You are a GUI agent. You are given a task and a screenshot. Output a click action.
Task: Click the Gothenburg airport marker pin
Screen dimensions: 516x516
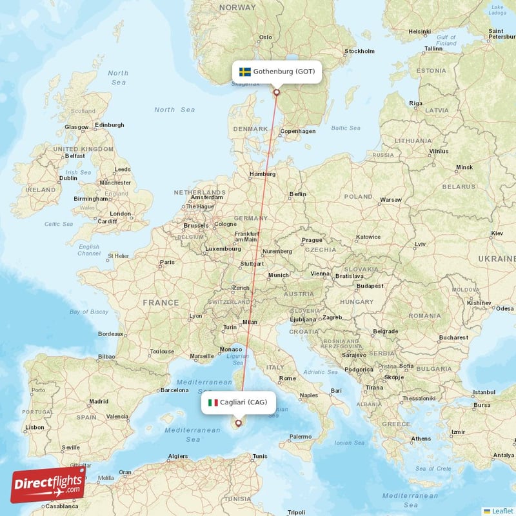(277, 92)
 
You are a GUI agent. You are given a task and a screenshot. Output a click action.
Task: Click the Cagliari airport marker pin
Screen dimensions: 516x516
(238, 423)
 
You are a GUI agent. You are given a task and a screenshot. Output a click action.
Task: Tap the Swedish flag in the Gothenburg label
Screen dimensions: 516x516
(245, 72)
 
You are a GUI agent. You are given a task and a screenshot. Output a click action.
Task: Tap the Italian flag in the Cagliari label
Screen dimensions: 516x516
(213, 402)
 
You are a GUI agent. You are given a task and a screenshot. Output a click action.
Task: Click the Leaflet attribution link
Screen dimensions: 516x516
(502, 510)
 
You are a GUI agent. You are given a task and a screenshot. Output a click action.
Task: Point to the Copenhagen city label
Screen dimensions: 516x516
(298, 132)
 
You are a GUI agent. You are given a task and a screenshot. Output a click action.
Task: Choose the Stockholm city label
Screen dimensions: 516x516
(359, 51)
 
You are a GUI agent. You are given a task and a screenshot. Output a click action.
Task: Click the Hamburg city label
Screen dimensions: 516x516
(263, 174)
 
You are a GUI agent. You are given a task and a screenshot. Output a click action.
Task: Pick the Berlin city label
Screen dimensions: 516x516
(298, 193)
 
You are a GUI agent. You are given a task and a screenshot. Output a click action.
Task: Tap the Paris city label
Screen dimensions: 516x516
(167, 263)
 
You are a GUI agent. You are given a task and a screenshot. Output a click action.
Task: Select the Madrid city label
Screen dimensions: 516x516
(99, 401)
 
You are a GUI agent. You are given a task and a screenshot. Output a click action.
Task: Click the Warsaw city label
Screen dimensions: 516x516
(391, 200)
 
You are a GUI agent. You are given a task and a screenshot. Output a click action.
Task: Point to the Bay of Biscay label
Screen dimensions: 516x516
(88, 312)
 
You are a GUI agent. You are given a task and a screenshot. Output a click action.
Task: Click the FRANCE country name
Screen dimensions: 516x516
(161, 303)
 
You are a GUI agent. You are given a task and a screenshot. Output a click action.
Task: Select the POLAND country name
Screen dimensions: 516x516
(358, 196)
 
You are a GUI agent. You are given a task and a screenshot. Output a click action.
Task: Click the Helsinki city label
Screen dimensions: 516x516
(419, 31)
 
